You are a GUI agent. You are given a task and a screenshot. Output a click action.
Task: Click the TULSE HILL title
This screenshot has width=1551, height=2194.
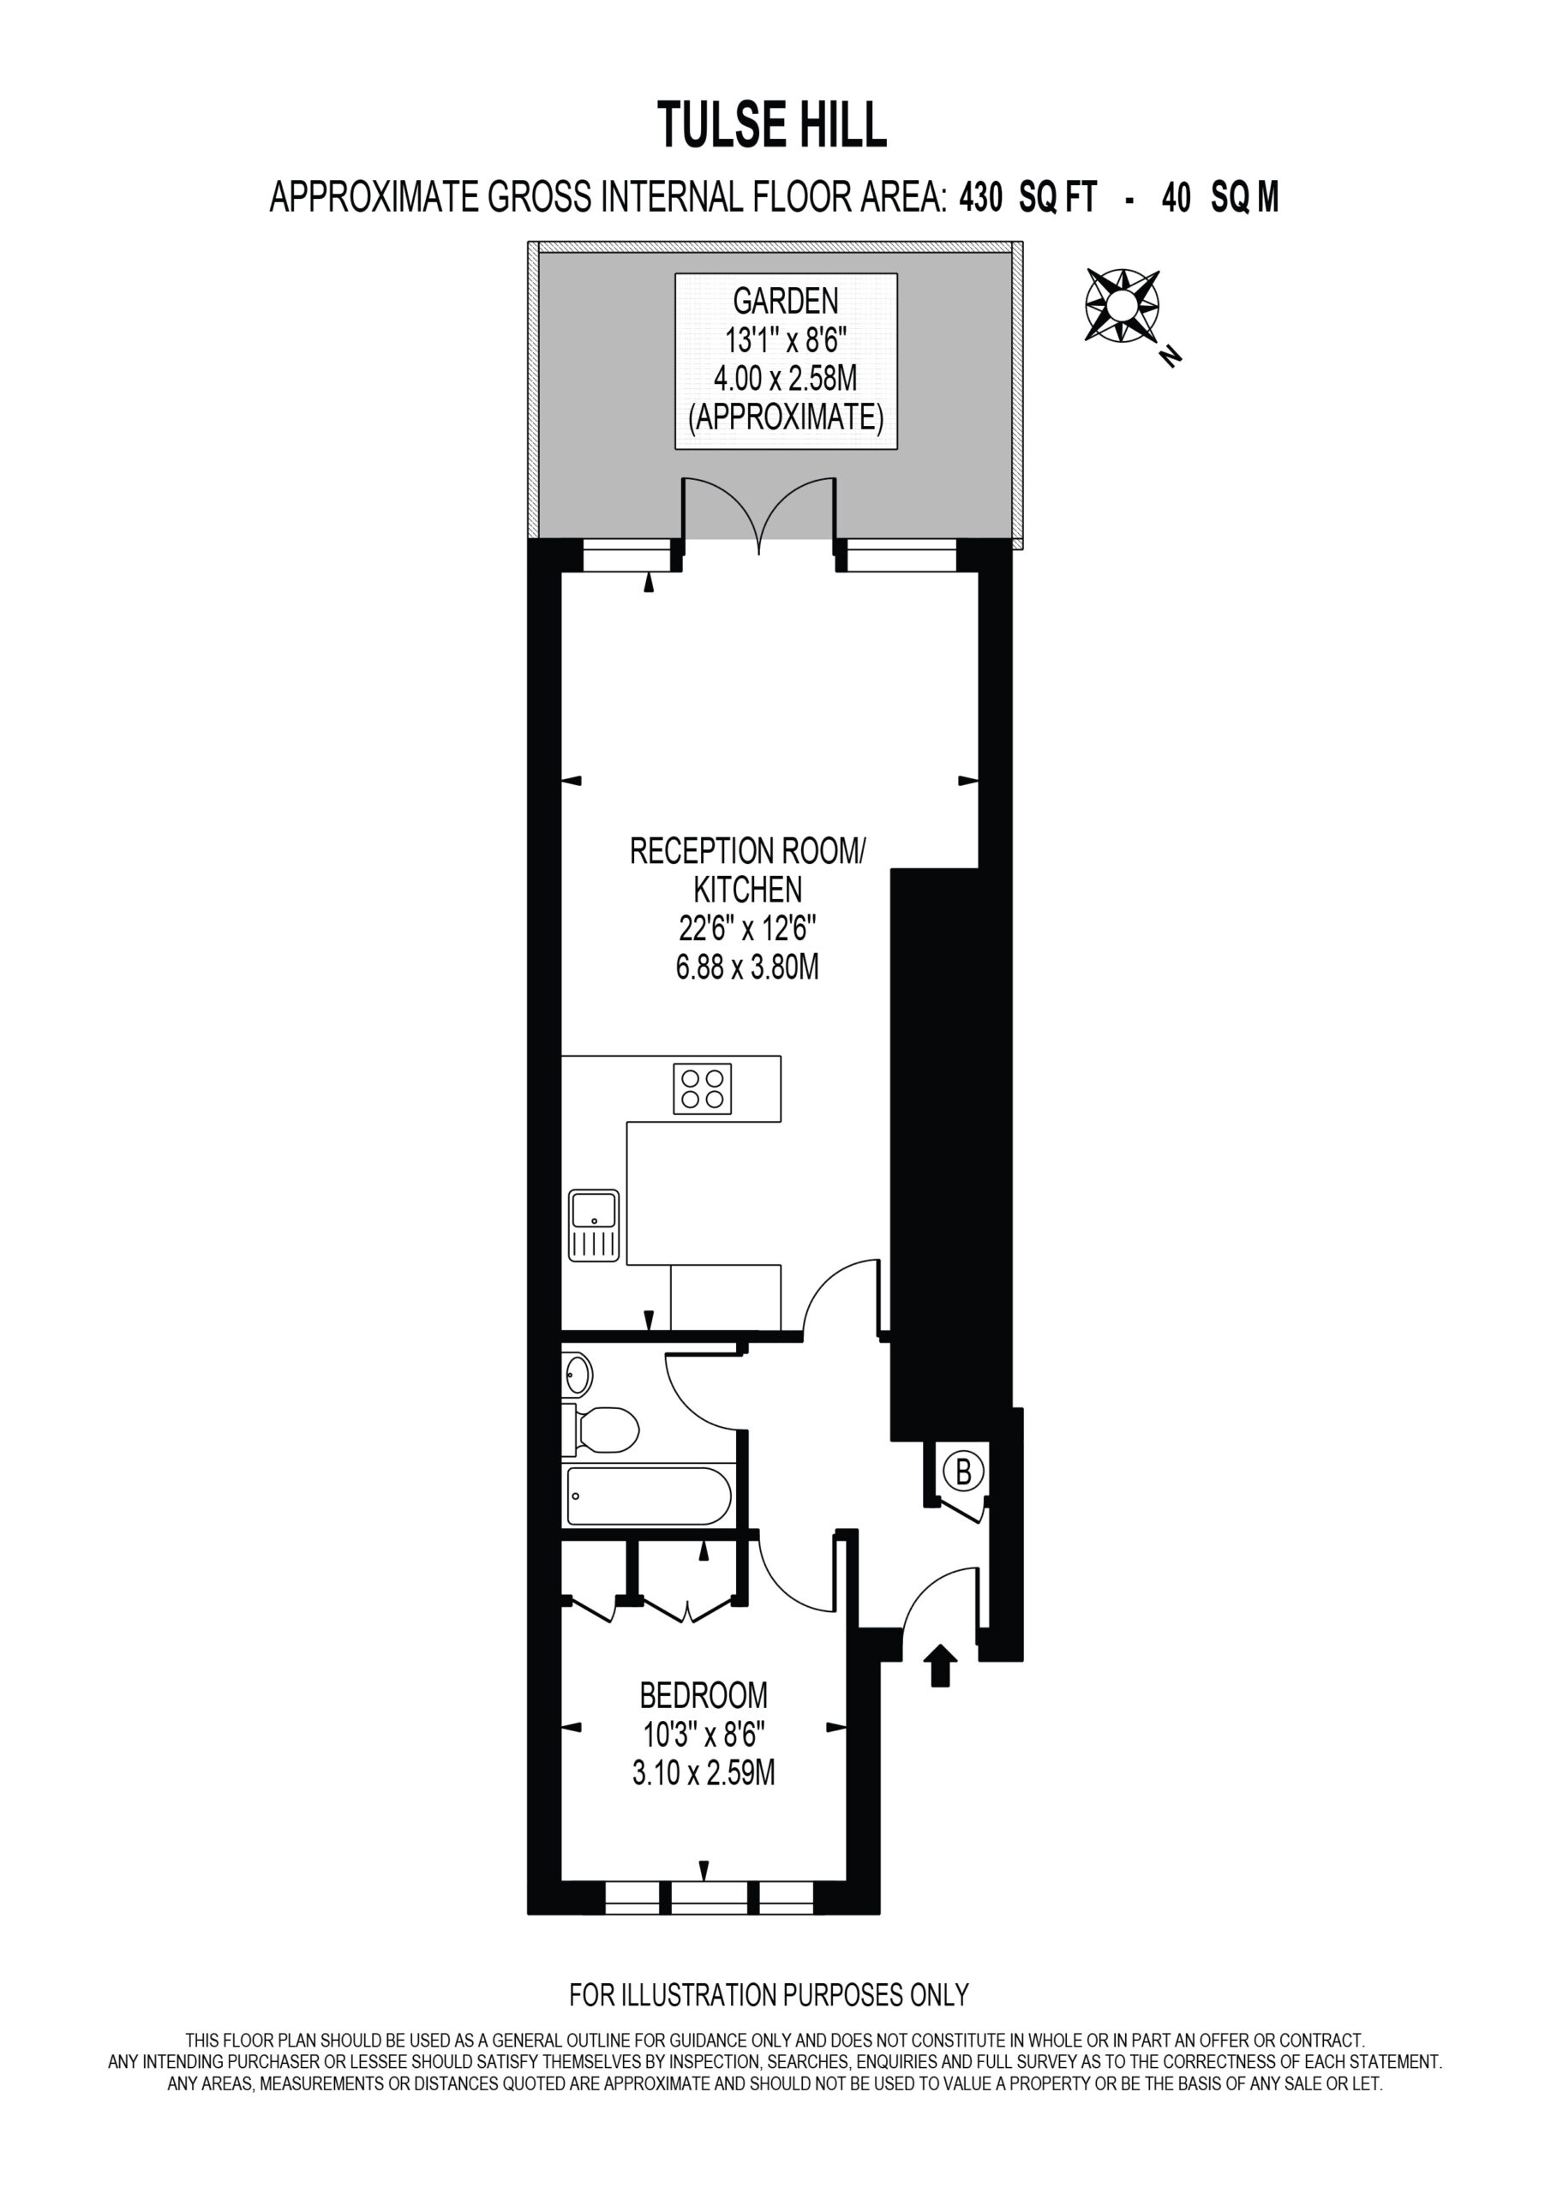(x=772, y=126)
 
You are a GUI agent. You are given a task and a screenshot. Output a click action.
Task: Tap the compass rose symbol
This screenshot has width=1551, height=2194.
(x=1122, y=306)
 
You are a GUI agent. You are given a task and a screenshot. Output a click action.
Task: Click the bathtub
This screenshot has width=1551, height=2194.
(x=649, y=1496)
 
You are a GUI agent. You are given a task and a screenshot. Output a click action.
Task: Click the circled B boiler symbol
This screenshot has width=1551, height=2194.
(x=963, y=1472)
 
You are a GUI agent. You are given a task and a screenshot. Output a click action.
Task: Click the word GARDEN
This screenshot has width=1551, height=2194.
(x=786, y=301)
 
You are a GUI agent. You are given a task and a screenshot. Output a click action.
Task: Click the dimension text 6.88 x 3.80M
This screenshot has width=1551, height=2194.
(x=747, y=967)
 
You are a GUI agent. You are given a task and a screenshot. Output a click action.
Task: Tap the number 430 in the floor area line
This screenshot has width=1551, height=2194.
(x=981, y=198)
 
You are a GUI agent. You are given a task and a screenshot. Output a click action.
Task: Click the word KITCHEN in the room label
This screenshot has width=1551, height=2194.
(x=747, y=890)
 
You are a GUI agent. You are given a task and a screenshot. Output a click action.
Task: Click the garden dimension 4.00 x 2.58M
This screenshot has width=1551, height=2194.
(x=786, y=379)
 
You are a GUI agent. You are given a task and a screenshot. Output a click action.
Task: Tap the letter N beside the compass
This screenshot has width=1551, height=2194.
(x=1170, y=356)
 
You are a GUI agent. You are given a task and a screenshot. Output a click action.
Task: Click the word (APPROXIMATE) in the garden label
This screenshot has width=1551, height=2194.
(x=786, y=417)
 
